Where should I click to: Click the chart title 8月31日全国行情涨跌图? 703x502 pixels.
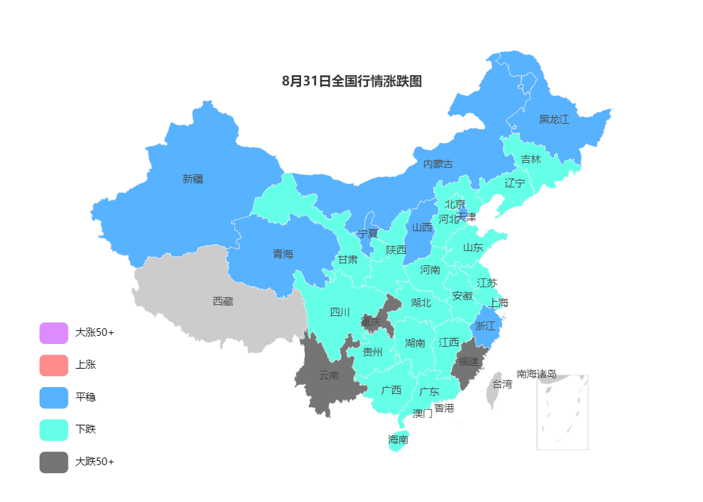tap(351, 81)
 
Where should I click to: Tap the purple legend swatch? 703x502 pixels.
tap(53, 333)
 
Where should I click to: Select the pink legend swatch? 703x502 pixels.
tap(53, 365)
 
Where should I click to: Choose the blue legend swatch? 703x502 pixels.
tap(53, 397)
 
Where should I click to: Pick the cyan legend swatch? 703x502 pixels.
tap(53, 430)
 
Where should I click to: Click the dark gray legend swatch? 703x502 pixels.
tap(53, 462)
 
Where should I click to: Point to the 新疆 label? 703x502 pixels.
tap(193, 179)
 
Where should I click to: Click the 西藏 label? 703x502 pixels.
tap(223, 302)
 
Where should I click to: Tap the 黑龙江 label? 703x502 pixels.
tap(553, 120)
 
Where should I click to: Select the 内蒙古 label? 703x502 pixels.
tap(438, 164)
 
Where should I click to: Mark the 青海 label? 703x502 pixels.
tap(283, 254)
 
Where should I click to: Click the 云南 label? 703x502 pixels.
tap(328, 375)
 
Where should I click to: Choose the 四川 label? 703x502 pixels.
tap(340, 313)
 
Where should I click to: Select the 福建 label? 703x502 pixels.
tap(468, 361)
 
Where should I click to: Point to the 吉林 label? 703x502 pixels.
tap(531, 159)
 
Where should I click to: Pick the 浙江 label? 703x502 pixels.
tap(485, 326)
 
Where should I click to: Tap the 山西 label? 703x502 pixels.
tap(422, 228)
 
